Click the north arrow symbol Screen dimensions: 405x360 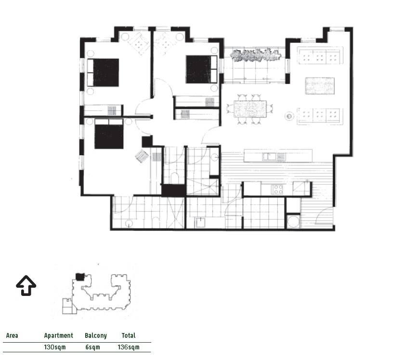tap(26, 285)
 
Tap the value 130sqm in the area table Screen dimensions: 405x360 tap(55, 347)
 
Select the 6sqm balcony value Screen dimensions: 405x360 tap(92, 347)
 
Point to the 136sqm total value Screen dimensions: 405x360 tap(129, 347)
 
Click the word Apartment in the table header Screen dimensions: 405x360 tap(59, 335)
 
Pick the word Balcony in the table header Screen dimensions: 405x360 tap(95, 335)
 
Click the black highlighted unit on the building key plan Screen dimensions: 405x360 tap(80, 277)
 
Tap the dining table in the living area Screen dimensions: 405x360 tap(250, 109)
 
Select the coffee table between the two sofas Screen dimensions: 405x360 tap(320, 85)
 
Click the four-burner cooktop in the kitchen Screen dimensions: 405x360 tap(278, 189)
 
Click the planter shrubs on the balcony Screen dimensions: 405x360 tap(255, 55)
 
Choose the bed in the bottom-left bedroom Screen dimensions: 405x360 tap(109, 133)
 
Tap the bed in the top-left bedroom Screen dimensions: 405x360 tap(103, 72)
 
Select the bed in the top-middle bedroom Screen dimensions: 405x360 tap(201, 69)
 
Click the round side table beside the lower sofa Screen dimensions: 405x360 tap(289, 116)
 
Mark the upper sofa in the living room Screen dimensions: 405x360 tap(320, 55)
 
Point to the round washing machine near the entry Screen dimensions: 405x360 tap(294, 222)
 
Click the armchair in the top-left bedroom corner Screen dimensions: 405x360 tap(139, 43)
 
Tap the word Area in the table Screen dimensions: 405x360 tap(12, 335)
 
